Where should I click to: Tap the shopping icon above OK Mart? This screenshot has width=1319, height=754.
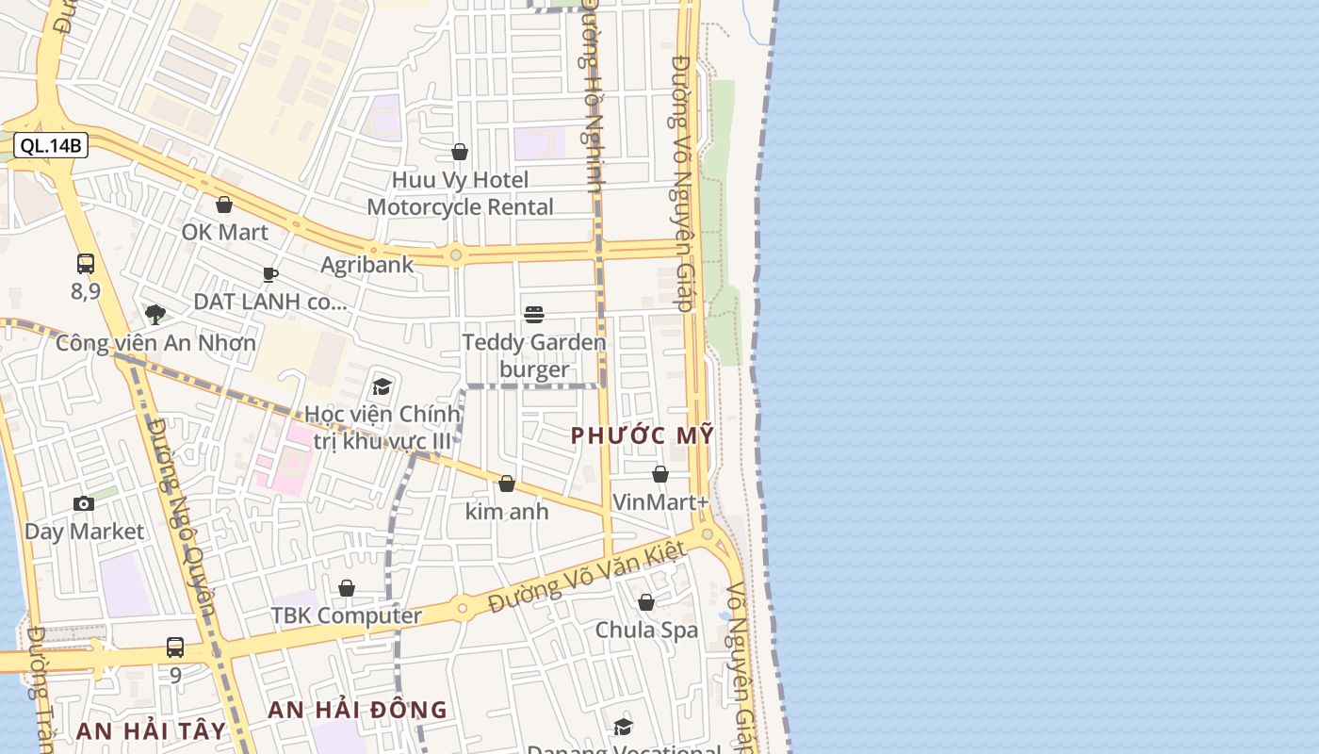[224, 205]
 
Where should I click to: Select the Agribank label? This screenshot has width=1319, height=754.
[366, 265]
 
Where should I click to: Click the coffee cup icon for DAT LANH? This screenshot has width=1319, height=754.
[270, 274]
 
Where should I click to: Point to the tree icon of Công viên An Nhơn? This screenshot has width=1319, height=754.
[155, 315]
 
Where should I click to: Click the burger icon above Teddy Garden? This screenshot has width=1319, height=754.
[534, 314]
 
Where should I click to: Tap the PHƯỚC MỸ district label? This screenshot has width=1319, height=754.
[643, 436]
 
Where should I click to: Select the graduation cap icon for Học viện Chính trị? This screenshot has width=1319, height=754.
[382, 386]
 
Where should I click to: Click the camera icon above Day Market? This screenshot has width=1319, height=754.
[84, 503]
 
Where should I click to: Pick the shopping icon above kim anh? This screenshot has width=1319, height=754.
[507, 484]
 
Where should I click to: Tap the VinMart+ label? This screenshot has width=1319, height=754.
[659, 502]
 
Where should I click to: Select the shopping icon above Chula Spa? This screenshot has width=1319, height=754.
[646, 602]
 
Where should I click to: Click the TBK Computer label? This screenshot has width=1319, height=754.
[346, 616]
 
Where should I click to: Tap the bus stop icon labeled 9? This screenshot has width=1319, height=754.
[175, 647]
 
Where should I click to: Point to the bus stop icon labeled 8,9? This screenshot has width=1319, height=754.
[86, 264]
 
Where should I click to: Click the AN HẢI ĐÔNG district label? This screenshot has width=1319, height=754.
[357, 711]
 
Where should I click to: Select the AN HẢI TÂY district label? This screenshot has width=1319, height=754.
[151, 731]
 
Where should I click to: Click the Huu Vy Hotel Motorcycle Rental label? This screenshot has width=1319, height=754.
[460, 193]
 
